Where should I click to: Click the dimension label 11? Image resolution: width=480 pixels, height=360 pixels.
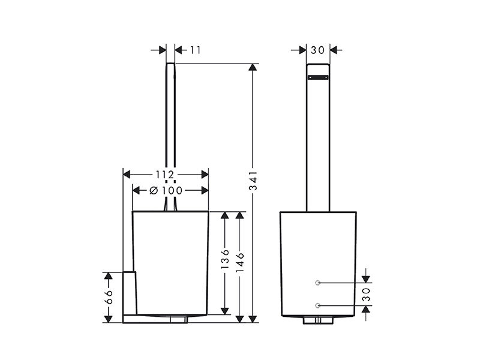[x=196, y=50]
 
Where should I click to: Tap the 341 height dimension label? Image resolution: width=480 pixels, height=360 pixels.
[x=253, y=181]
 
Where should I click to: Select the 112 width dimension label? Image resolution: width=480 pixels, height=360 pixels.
[x=165, y=175]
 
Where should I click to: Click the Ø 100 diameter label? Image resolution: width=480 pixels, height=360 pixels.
[x=166, y=191]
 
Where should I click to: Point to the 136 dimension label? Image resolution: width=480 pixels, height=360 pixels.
[x=225, y=259]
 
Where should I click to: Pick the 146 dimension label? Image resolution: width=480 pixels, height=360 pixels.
[x=240, y=262]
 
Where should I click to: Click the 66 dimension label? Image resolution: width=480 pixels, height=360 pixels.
[x=109, y=297]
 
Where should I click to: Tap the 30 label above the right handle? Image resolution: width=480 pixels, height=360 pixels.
[x=317, y=50]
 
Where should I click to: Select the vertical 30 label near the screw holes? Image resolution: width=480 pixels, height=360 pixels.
[x=366, y=294]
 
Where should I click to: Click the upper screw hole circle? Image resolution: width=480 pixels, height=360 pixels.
[x=318, y=283]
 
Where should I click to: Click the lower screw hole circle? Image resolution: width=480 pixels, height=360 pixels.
[x=318, y=305]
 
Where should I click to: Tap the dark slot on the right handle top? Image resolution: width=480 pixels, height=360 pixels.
[x=318, y=77]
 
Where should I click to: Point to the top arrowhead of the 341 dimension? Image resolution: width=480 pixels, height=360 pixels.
[x=253, y=67]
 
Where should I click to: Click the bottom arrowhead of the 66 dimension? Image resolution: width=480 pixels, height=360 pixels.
[x=108, y=319]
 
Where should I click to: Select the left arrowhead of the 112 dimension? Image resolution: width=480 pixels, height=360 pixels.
[x=127, y=175]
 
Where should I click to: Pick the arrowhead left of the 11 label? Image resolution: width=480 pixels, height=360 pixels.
[x=162, y=50]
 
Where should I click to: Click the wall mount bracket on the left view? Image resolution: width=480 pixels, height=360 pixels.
[x=130, y=297]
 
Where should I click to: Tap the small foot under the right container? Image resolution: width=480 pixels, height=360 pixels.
[x=318, y=320]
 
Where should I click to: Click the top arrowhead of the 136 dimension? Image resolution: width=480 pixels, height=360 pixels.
[x=225, y=215]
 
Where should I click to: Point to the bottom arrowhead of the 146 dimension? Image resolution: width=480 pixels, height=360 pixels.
[x=240, y=319]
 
